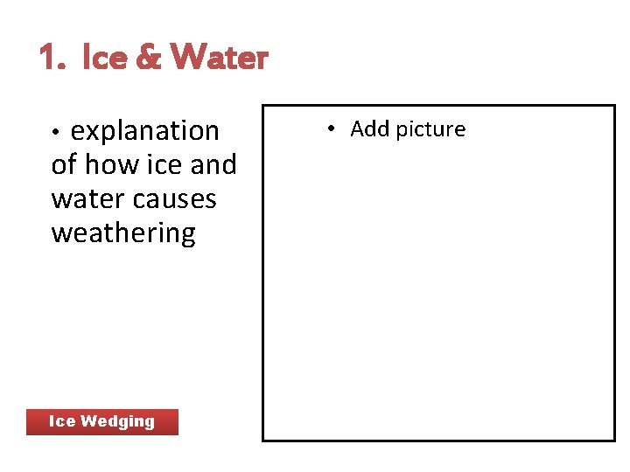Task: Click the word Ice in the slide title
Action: [x=103, y=58]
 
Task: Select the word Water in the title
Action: [x=219, y=58]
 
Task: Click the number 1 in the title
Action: [x=47, y=58]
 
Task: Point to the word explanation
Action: [x=144, y=131]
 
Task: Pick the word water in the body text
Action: [x=90, y=198]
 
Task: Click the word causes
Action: [x=177, y=198]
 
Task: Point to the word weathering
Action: [x=123, y=233]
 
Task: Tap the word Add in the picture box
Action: [x=370, y=129]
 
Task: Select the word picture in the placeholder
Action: [x=430, y=129]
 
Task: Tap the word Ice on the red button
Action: [x=61, y=421]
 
